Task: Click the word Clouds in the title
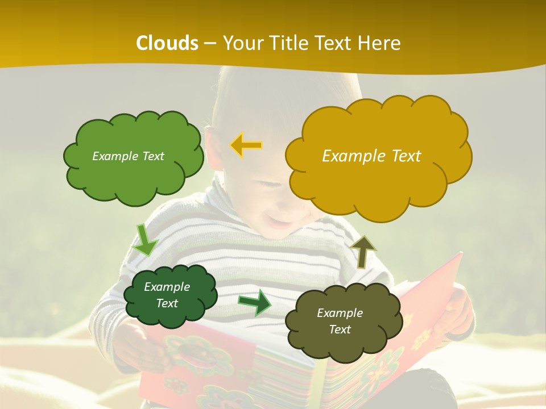click(167, 43)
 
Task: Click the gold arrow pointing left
click(246, 145)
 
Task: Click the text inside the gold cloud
click(371, 156)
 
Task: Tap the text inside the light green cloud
click(128, 156)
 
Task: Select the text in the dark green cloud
click(167, 295)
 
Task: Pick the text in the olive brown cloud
click(340, 321)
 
